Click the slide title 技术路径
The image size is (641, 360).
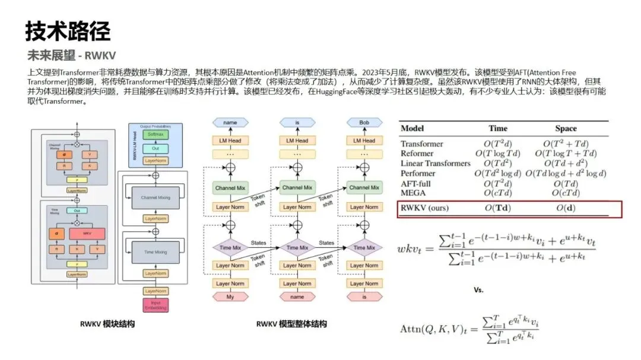click(68, 31)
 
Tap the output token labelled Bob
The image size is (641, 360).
click(363, 122)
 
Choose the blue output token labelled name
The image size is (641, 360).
click(230, 122)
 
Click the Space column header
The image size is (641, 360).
click(565, 128)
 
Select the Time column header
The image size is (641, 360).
click(498, 128)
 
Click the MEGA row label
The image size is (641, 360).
click(414, 193)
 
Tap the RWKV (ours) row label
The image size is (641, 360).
click(424, 208)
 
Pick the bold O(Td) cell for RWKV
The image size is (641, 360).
click(497, 208)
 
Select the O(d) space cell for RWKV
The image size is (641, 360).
click(566, 208)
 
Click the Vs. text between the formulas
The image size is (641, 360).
click(478, 291)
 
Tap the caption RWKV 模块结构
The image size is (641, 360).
click(107, 324)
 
